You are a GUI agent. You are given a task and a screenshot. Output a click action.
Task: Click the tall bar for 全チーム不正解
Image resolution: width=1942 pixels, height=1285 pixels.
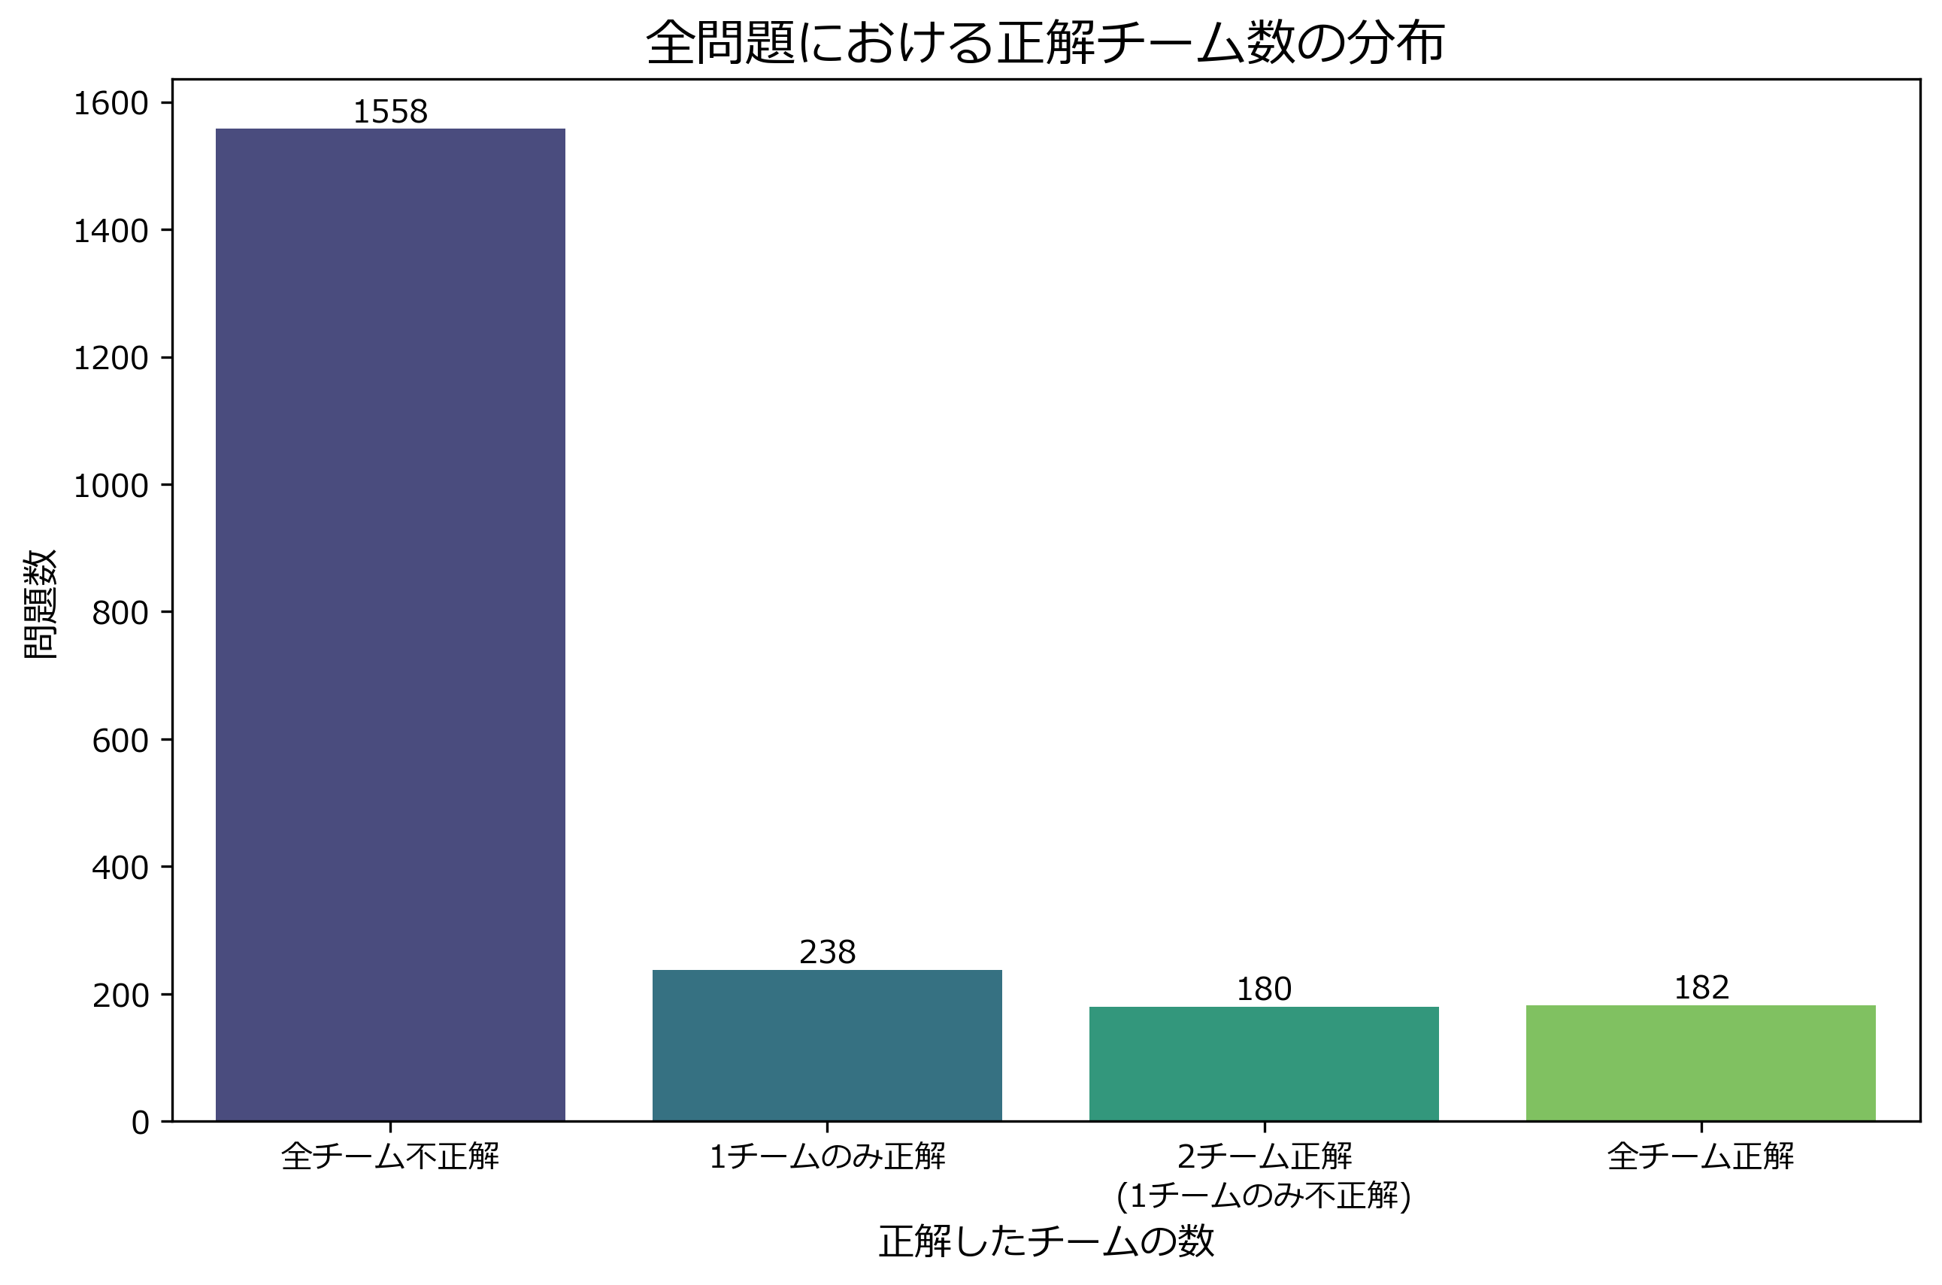pos(390,625)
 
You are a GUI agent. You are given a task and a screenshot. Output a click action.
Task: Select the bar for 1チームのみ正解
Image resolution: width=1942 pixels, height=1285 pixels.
pos(827,1045)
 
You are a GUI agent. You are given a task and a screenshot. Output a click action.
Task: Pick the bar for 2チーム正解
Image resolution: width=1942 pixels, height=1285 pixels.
pos(1264,1063)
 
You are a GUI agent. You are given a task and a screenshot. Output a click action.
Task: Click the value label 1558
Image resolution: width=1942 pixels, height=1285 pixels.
pos(390,112)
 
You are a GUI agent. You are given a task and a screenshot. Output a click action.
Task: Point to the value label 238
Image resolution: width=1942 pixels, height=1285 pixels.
pos(827,952)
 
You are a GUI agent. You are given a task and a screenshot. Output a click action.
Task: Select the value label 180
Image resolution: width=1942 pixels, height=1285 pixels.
pos(1264,990)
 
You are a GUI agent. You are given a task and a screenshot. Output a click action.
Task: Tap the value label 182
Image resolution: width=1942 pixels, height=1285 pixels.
pos(1701,987)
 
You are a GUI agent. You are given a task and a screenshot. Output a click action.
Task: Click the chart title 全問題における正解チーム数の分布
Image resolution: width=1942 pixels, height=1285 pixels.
pos(1045,43)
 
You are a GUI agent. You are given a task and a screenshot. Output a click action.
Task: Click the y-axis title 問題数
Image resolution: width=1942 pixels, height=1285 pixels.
pos(39,604)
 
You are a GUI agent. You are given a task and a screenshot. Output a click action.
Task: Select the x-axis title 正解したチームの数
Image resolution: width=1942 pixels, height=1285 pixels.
pos(1046,1241)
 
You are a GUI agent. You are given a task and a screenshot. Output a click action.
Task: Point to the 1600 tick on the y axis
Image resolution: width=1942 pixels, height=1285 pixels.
pos(111,104)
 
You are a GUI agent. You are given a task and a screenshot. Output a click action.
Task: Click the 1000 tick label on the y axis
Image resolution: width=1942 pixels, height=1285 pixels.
pos(111,486)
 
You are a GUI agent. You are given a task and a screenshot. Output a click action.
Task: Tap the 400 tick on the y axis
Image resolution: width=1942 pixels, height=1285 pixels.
pos(120,867)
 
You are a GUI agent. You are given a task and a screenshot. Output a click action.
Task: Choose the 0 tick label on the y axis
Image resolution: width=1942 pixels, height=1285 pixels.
pos(140,1122)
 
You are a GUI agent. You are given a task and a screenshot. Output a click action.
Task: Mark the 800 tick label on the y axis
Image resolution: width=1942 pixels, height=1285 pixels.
pos(120,613)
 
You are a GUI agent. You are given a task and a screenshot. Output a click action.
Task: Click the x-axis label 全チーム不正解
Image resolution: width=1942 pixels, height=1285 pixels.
pos(390,1156)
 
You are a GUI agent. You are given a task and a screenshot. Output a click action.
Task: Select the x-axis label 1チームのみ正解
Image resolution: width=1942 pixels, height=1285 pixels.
pos(827,1156)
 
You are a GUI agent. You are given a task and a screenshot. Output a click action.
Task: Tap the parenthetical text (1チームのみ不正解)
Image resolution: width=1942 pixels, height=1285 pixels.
pos(1264,1196)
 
